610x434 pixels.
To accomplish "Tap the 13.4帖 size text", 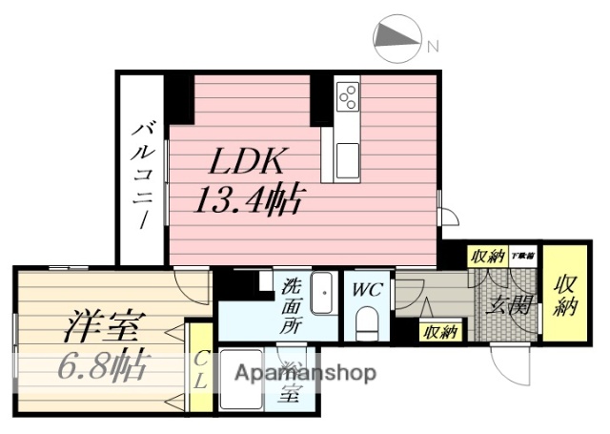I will [250, 199].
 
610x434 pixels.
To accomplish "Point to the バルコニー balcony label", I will [144, 174].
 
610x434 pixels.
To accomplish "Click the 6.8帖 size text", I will [104, 367].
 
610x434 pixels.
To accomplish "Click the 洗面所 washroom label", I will [291, 304].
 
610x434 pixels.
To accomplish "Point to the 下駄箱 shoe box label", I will [521, 256].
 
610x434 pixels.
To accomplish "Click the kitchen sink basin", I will [345, 155].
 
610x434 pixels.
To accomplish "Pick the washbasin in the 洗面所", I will [323, 289].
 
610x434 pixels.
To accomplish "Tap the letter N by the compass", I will [433, 46].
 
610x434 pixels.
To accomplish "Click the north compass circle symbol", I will [396, 36].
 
